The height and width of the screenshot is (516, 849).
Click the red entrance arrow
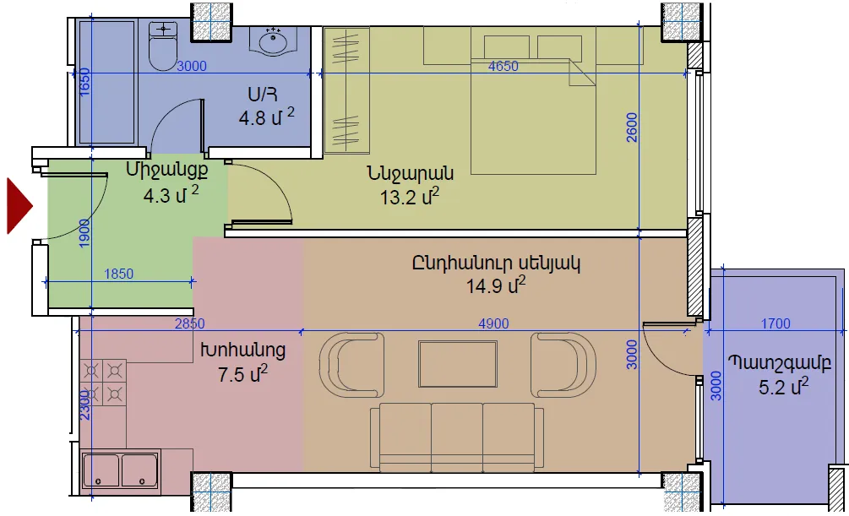pos(19,206)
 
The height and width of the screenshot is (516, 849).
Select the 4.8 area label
pos(266,117)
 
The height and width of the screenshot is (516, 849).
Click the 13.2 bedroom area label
pos(409,197)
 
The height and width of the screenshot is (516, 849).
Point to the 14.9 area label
pos(495,285)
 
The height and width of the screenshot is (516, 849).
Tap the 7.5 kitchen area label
pos(242,373)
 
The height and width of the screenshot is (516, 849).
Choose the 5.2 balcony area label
pos(783,387)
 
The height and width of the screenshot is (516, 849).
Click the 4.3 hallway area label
pos(171,195)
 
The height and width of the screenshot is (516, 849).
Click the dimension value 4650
pos(503,66)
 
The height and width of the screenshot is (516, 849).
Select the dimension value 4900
pos(493,323)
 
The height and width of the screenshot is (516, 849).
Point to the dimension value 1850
pos(118,274)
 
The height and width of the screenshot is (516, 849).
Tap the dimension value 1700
pos(776,323)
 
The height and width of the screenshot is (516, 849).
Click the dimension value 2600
pos(632,128)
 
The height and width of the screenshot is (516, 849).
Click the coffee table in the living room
pos(458,364)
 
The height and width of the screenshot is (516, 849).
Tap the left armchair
pos(352,366)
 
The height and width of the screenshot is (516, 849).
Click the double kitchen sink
pos(120,470)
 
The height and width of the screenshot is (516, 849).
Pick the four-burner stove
pos(103,383)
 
